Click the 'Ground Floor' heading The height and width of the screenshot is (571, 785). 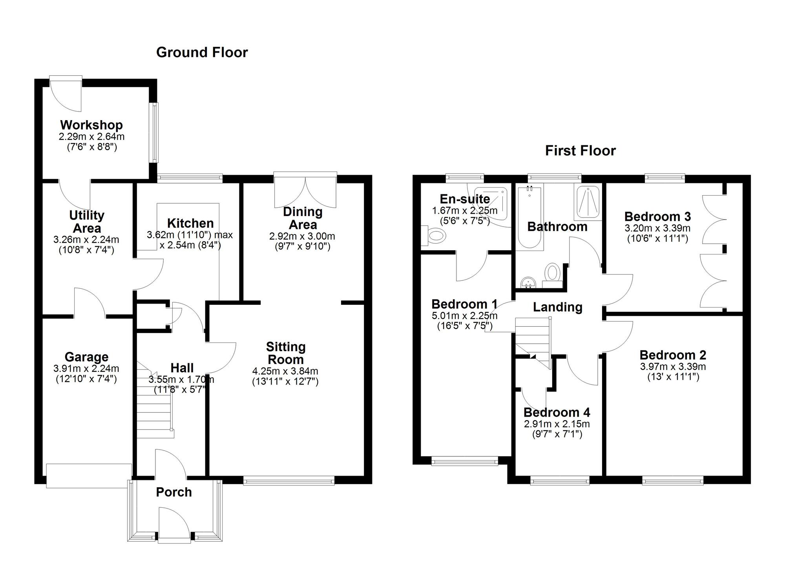point(202,53)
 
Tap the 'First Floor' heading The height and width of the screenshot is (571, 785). point(581,151)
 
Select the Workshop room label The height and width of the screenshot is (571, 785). point(91,125)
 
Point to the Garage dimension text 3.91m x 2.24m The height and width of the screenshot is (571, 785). point(86,369)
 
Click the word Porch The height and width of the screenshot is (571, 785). point(174,492)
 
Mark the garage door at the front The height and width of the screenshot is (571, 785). point(89,476)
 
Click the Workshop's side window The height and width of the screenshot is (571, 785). point(155,133)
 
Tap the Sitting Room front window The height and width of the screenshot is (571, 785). point(289,480)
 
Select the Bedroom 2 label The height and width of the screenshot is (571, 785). point(673,355)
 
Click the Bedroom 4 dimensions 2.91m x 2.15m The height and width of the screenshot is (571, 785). point(557,424)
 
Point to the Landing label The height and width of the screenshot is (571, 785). point(557,307)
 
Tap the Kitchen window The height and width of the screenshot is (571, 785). point(190,178)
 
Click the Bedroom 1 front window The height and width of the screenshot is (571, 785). point(465,461)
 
